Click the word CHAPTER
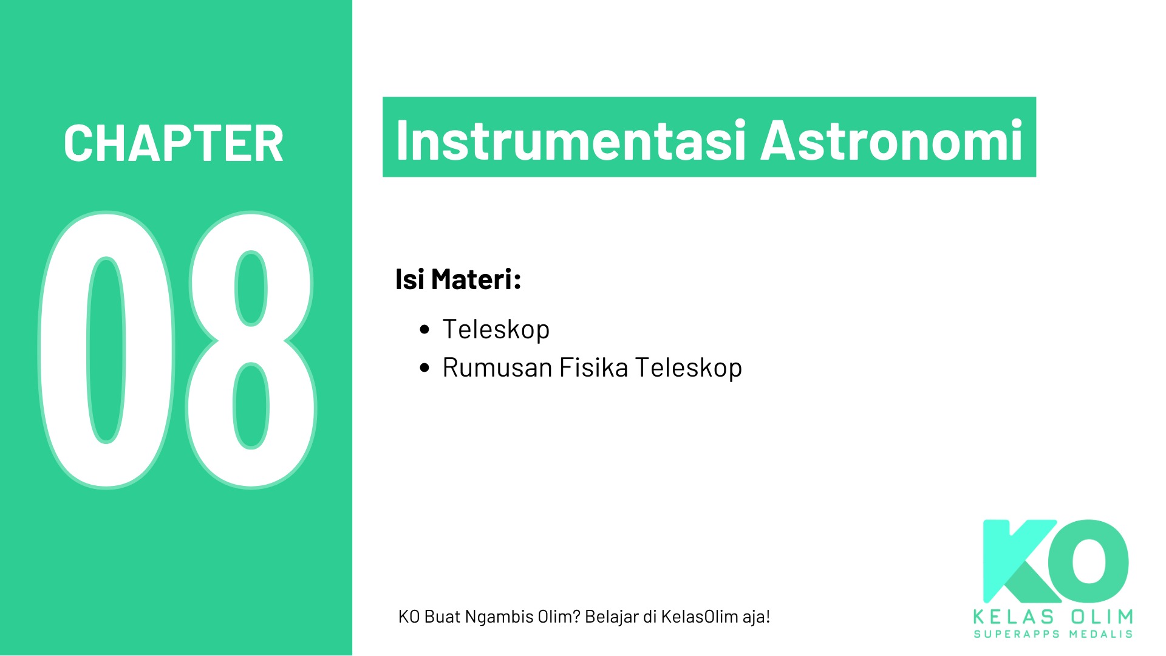(x=173, y=144)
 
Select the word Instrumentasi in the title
(x=570, y=141)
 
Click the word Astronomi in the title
(x=892, y=141)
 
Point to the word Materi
(x=476, y=279)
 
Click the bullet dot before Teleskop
(x=424, y=330)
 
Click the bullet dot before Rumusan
(x=424, y=368)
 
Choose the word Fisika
(x=593, y=368)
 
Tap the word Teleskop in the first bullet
(x=496, y=330)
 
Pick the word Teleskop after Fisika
(x=688, y=368)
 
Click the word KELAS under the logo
(x=1014, y=617)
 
